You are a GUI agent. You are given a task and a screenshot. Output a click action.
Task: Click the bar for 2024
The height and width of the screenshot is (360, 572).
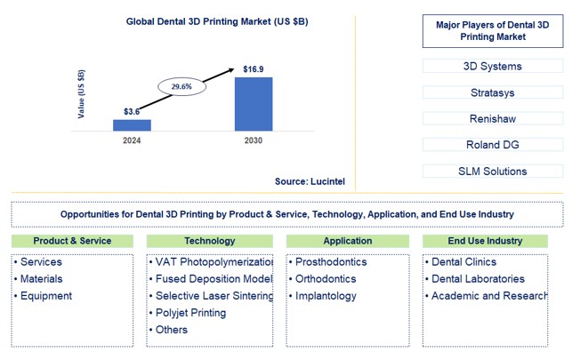[132, 125]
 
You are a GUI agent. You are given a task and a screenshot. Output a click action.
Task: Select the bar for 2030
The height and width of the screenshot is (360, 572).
[254, 104]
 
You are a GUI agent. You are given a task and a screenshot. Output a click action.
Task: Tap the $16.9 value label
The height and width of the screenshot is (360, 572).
[254, 68]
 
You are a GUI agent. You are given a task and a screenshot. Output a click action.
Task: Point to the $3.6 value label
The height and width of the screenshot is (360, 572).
[133, 111]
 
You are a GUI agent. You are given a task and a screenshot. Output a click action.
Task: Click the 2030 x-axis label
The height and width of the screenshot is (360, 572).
[254, 140]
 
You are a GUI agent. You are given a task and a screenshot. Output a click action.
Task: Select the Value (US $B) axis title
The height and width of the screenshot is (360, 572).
[82, 92]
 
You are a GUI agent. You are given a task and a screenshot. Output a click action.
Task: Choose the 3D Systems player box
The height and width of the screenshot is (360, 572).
[493, 66]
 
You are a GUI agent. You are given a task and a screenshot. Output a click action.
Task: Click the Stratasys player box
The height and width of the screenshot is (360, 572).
[493, 92]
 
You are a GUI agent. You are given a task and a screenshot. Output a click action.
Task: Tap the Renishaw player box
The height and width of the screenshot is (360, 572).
[493, 118]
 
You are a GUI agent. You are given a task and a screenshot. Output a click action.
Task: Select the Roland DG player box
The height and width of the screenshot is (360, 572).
[493, 144]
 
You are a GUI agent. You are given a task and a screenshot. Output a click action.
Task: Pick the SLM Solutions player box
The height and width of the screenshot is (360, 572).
[493, 171]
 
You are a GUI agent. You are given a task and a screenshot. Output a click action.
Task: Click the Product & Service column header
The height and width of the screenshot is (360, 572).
[72, 241]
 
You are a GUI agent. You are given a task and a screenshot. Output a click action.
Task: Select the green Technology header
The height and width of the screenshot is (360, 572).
[210, 241]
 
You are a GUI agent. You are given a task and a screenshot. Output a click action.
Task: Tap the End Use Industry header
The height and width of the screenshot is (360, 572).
[486, 241]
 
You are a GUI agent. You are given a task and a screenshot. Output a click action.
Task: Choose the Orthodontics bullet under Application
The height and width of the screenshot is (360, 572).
[325, 279]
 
